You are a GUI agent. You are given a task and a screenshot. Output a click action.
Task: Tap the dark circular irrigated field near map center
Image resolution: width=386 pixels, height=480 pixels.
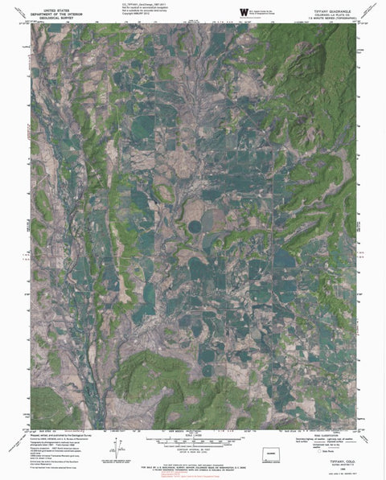(195, 228)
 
